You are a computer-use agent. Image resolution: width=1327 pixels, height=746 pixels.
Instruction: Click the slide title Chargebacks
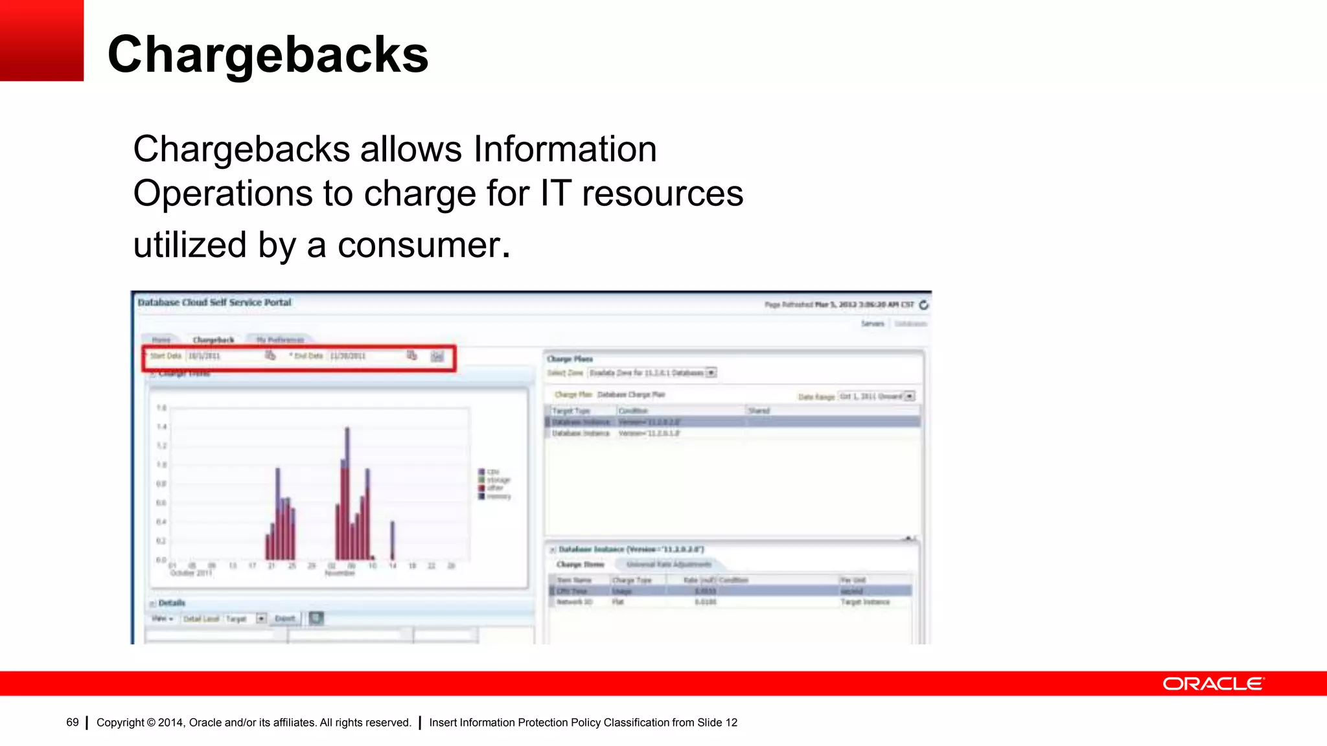click(268, 54)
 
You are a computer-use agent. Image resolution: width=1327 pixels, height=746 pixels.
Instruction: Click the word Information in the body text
click(565, 149)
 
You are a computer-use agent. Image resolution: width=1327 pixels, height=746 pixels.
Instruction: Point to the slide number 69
click(72, 723)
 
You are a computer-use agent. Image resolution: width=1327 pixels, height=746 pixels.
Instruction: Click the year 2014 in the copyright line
click(170, 723)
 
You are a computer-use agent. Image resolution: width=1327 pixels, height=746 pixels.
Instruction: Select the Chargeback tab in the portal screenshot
click(213, 340)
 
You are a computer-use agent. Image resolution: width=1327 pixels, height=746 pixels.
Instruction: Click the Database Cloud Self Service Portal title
click(214, 302)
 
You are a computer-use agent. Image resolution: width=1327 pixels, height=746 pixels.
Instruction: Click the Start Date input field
click(224, 356)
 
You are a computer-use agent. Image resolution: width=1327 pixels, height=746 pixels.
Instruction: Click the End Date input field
click(366, 356)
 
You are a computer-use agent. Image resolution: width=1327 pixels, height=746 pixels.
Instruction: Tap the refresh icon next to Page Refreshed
click(924, 304)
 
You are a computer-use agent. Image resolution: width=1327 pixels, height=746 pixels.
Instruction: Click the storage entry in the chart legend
click(498, 480)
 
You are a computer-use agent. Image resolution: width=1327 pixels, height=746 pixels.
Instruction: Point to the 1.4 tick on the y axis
click(161, 427)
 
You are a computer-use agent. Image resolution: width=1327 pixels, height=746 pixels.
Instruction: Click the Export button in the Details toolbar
click(284, 618)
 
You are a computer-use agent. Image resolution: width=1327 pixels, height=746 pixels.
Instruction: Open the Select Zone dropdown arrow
click(711, 373)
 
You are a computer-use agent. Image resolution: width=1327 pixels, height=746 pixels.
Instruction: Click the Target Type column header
click(571, 411)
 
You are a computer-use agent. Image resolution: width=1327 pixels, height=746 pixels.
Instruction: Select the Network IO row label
click(575, 602)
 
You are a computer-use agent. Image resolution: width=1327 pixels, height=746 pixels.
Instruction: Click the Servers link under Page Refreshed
click(872, 323)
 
